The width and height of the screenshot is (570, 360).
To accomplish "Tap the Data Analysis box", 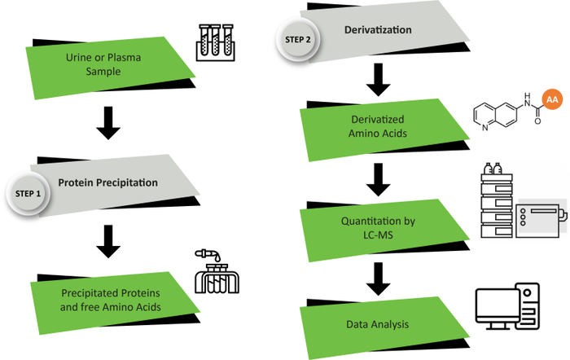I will click(384, 325).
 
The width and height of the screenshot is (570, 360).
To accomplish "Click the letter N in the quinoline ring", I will click(477, 124).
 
